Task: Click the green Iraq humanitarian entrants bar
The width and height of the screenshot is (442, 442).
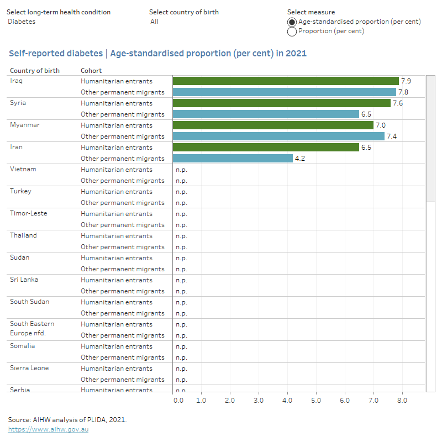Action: coord(285,81)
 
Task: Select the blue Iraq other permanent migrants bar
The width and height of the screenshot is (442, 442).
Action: coord(284,92)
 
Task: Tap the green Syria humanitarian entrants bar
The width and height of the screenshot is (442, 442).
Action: coord(281,103)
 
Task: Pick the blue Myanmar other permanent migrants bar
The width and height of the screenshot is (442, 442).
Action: coord(278,136)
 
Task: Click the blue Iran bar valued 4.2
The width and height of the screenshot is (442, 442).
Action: coord(233,159)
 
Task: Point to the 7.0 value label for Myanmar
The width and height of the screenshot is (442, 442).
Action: coord(380,125)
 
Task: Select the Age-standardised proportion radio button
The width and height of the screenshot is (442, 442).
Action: coord(292,22)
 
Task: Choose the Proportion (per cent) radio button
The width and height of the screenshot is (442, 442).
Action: coord(292,31)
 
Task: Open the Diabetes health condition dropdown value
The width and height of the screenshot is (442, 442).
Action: coord(22,22)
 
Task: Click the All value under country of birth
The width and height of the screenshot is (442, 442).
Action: coord(155,22)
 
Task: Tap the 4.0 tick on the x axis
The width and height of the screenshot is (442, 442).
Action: coord(287,400)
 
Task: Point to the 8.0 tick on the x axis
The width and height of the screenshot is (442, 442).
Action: coord(402,400)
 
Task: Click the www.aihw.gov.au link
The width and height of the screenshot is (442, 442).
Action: coord(48,429)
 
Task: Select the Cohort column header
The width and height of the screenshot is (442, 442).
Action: coord(91,71)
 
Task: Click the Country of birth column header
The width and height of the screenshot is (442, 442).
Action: coord(35,71)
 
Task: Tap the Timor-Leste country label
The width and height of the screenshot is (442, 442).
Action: coord(28,213)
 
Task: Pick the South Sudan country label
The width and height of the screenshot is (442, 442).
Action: coord(29,302)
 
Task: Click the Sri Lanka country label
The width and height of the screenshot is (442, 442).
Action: coord(24,280)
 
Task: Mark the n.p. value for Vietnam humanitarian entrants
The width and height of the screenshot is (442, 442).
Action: coord(181,170)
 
